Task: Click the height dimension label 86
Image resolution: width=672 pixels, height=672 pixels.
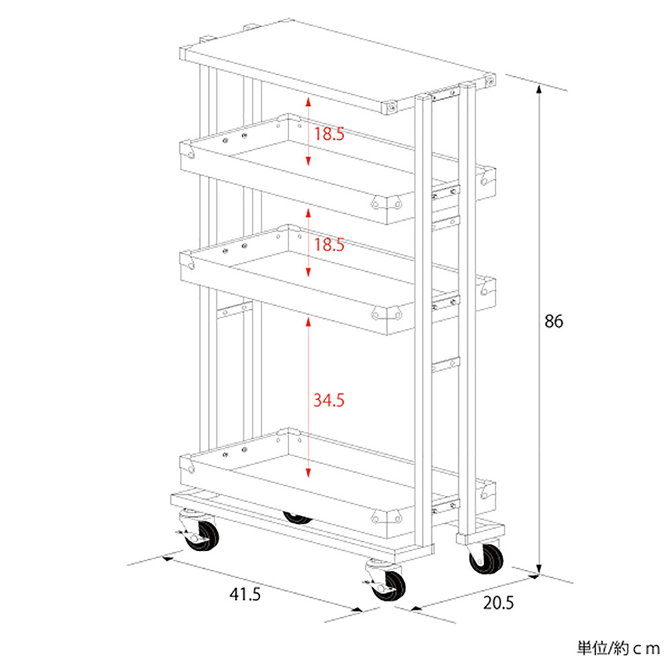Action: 553,321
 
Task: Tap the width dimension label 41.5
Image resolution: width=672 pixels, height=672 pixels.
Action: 245,595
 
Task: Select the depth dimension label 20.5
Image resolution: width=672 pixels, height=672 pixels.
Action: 498,603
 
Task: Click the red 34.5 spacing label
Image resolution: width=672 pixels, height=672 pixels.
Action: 329,401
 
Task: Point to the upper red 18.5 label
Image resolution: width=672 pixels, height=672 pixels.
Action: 329,134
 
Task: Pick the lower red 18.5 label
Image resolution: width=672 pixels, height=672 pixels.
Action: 329,245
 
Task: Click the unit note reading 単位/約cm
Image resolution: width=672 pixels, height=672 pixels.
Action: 618,648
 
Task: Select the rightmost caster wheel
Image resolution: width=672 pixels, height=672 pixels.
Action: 486,558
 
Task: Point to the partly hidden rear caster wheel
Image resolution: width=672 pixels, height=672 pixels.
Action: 298,518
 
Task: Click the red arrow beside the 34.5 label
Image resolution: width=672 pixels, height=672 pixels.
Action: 308,397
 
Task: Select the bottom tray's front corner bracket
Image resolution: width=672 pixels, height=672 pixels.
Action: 386,517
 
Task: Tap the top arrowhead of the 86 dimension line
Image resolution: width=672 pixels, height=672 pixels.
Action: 539,89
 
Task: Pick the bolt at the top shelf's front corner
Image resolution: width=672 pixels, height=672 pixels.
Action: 392,107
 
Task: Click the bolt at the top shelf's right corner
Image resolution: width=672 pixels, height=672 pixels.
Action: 490,81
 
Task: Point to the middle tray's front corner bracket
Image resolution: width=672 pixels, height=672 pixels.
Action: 386,314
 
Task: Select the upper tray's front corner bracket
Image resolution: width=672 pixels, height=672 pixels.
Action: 386,203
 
